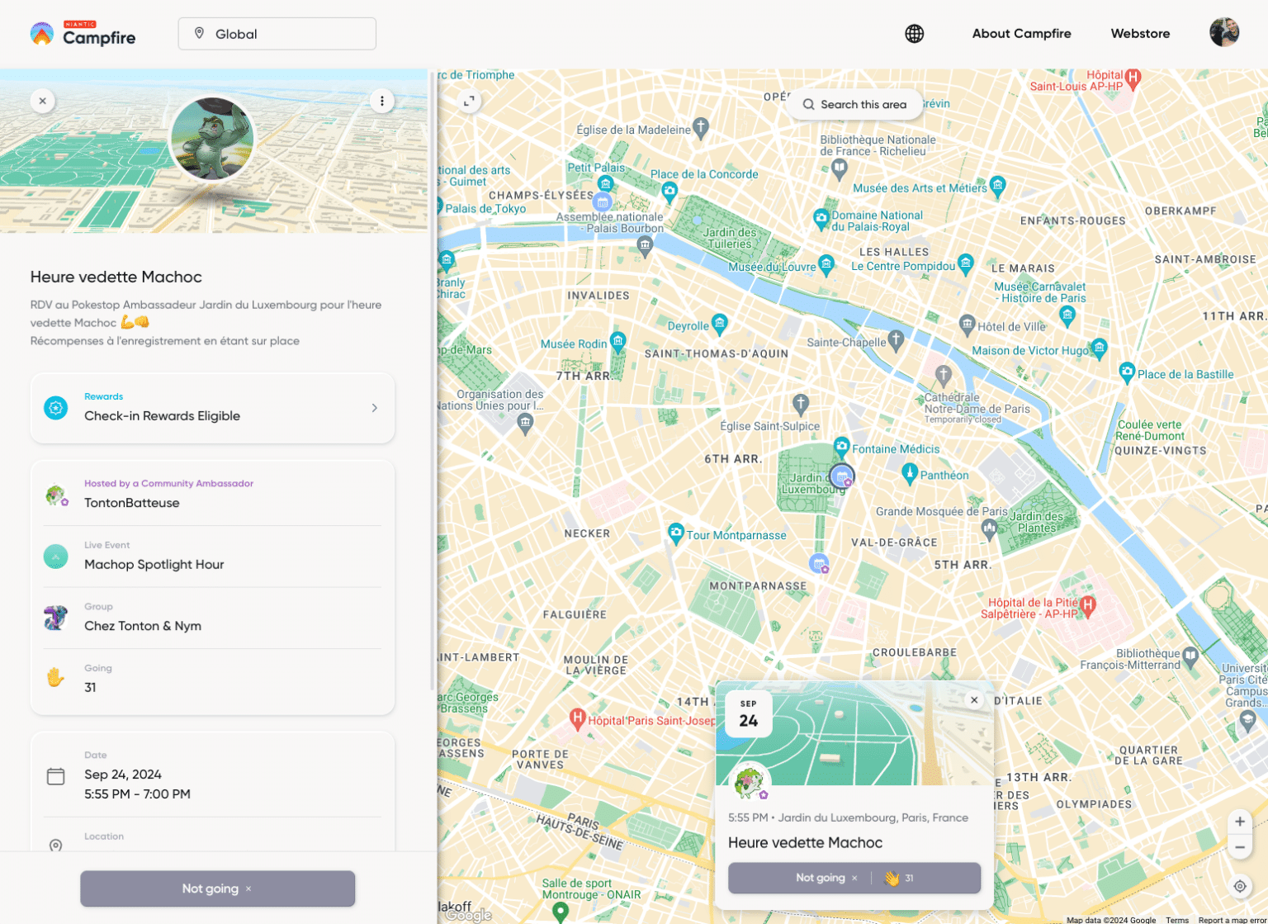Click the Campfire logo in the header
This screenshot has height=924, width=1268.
click(x=83, y=34)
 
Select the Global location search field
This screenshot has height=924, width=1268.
click(x=277, y=34)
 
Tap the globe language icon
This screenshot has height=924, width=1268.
click(x=914, y=34)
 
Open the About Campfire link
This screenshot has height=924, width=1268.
click(x=1021, y=34)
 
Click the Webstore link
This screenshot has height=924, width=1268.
click(x=1140, y=34)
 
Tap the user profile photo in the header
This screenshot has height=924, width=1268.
click(x=1223, y=33)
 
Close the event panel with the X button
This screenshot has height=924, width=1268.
click(x=43, y=101)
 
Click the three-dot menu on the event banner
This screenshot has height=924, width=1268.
click(x=381, y=101)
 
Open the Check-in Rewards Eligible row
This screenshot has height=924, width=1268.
click(x=212, y=408)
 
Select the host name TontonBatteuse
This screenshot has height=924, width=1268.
click(x=132, y=503)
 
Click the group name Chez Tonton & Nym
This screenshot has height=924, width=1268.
click(x=143, y=626)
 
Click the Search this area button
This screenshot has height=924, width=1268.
click(x=854, y=105)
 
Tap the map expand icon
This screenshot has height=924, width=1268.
click(x=469, y=101)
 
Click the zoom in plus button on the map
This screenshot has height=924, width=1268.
click(x=1239, y=822)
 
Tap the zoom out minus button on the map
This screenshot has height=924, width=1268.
click(x=1239, y=848)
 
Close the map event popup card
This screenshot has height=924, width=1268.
click(x=974, y=700)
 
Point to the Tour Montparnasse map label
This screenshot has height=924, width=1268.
click(x=736, y=535)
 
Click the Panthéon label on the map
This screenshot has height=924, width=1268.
click(x=944, y=476)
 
